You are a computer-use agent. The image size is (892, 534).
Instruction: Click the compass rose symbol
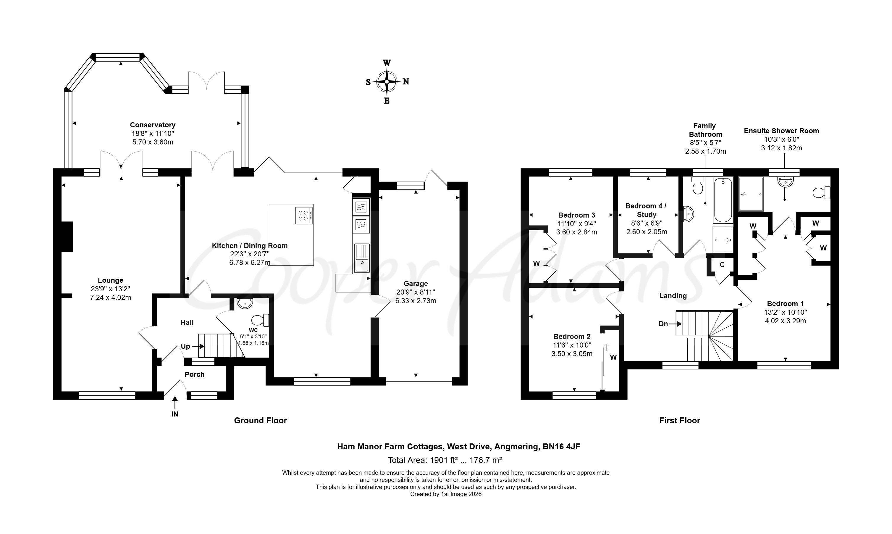[x=387, y=82]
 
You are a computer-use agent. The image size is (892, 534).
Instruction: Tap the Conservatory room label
[x=152, y=125]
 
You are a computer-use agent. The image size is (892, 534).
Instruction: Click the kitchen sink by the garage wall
[x=362, y=258]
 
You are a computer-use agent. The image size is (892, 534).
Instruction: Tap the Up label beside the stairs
[x=185, y=346]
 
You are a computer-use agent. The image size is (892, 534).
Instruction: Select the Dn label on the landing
[x=663, y=324]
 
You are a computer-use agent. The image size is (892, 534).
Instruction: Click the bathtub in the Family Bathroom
[x=723, y=200]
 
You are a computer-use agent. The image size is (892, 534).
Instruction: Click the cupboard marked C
[x=722, y=265]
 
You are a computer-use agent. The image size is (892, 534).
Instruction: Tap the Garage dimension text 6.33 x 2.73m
[x=416, y=301]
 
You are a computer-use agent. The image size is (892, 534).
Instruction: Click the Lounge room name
[x=110, y=280]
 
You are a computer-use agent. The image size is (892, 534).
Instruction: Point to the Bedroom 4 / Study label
[x=646, y=210]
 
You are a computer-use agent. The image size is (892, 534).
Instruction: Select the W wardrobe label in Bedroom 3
[x=537, y=263]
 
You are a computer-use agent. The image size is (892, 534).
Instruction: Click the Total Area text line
[x=445, y=460]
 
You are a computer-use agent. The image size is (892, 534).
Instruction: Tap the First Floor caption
[x=680, y=420]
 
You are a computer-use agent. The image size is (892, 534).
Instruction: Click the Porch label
[x=195, y=374]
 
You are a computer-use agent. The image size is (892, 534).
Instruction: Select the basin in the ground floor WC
[x=245, y=303]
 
